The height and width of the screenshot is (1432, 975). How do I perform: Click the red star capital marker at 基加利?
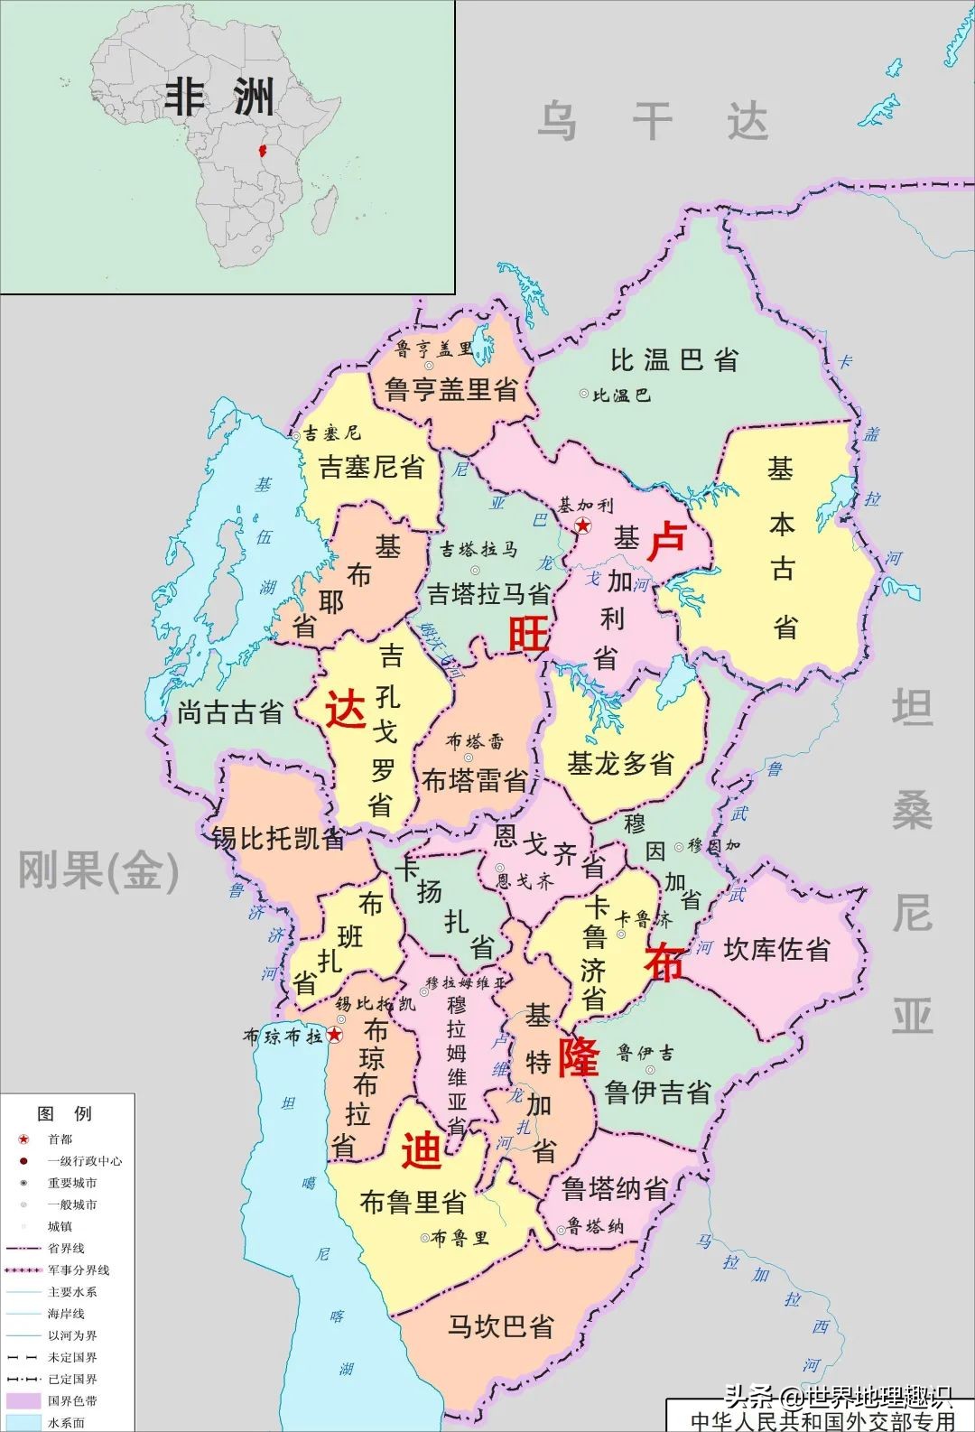pyautogui.click(x=583, y=525)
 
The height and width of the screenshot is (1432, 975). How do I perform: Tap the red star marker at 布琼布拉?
pyautogui.click(x=335, y=1035)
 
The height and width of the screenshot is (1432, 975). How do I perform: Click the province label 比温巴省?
pyautogui.click(x=673, y=359)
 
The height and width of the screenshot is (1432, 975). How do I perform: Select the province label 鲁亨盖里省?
pyautogui.click(x=450, y=389)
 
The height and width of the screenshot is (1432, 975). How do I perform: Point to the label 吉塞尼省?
pyautogui.click(x=371, y=467)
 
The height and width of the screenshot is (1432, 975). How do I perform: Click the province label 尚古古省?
pyautogui.click(x=230, y=712)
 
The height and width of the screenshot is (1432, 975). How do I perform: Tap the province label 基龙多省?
pyautogui.click(x=620, y=764)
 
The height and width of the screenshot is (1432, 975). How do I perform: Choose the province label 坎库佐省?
pyautogui.click(x=776, y=949)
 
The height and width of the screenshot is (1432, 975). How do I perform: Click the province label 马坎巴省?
pyautogui.click(x=501, y=1326)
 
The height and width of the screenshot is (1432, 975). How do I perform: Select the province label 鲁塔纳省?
pyautogui.click(x=615, y=1188)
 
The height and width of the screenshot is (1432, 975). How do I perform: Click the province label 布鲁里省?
pyautogui.click(x=413, y=1202)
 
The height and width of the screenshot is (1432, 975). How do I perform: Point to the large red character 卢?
pyautogui.click(x=668, y=542)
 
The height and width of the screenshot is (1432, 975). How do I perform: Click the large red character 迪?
pyautogui.click(x=421, y=1149)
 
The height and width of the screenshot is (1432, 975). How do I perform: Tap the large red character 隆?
pyautogui.click(x=577, y=1056)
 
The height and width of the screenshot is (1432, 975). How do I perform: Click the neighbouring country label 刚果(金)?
pyautogui.click(x=98, y=871)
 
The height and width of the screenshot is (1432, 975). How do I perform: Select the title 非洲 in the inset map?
pyautogui.click(x=219, y=97)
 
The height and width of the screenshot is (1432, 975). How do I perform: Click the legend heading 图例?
pyautogui.click(x=65, y=1113)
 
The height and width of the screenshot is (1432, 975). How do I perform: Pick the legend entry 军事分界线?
pyautogui.click(x=79, y=1269)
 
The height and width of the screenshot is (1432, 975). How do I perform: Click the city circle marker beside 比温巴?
pyautogui.click(x=583, y=395)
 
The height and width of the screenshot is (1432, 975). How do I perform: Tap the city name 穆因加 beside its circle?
pyautogui.click(x=714, y=846)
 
